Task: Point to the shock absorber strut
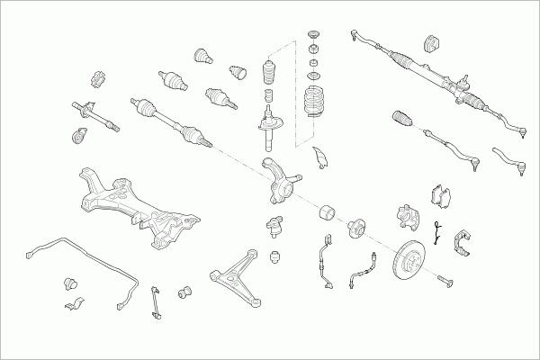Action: (268, 126)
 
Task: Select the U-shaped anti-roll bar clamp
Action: (74, 308)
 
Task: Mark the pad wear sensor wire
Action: (436, 233)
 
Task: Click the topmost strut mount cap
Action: (315, 38)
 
